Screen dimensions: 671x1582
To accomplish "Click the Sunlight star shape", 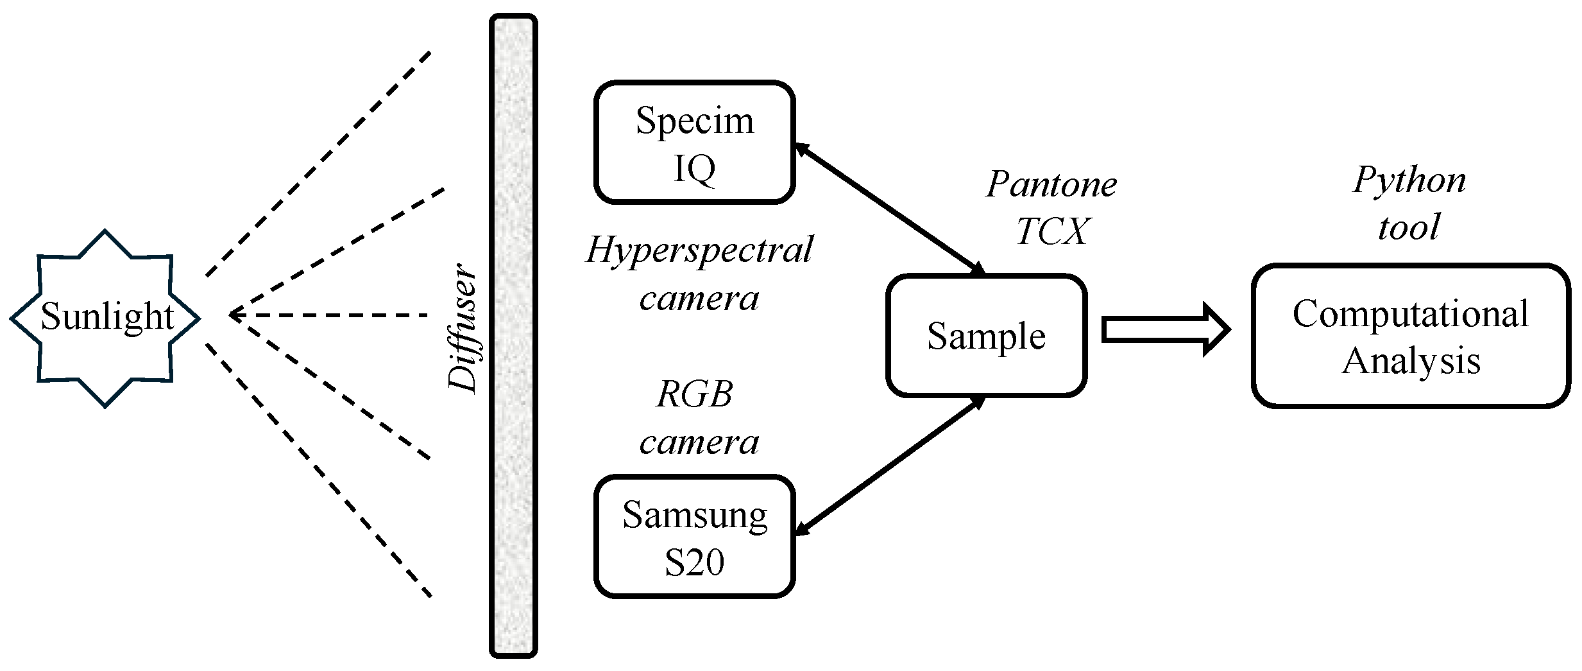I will (105, 318).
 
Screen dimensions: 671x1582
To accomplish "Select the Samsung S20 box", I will (695, 536).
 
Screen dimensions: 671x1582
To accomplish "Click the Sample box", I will (986, 335).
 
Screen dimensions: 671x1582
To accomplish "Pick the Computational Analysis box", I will (1411, 336).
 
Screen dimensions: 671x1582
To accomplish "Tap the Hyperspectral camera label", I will (699, 274).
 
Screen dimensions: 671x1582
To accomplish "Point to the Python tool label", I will (1409, 203).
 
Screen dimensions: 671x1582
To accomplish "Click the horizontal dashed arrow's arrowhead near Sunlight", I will (234, 315).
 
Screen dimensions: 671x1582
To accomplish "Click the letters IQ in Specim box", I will (694, 170).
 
